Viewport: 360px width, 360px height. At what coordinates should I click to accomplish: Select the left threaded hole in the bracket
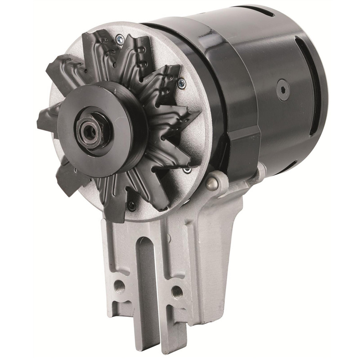[x=119, y=286]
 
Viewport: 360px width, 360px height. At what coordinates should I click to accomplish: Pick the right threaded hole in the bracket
[x=176, y=292]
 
